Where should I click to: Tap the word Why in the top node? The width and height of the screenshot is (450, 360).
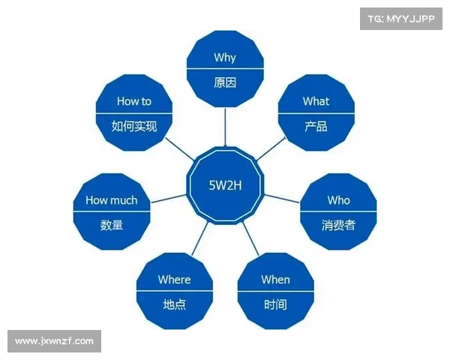point(225,58)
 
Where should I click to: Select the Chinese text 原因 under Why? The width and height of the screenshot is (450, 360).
point(225,82)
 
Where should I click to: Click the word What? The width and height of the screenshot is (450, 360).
point(316,101)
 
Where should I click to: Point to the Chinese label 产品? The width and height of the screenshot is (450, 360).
point(316,126)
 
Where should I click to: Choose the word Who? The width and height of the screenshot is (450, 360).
point(338,200)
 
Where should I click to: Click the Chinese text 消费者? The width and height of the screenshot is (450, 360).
point(338,225)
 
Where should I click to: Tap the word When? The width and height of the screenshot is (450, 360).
point(275,280)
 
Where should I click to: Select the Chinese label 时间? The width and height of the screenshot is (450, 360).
point(275,304)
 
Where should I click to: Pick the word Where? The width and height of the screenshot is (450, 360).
point(174,280)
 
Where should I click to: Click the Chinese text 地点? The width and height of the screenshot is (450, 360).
point(174,304)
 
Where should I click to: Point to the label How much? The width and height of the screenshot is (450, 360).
point(112,200)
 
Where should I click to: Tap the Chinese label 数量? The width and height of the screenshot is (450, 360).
point(112,225)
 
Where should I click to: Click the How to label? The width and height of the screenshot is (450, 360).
point(134,101)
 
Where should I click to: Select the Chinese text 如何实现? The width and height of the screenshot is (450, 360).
point(134,126)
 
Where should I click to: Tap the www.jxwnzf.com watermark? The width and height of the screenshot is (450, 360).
point(54,341)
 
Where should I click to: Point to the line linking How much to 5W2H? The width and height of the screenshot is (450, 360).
point(167,198)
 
